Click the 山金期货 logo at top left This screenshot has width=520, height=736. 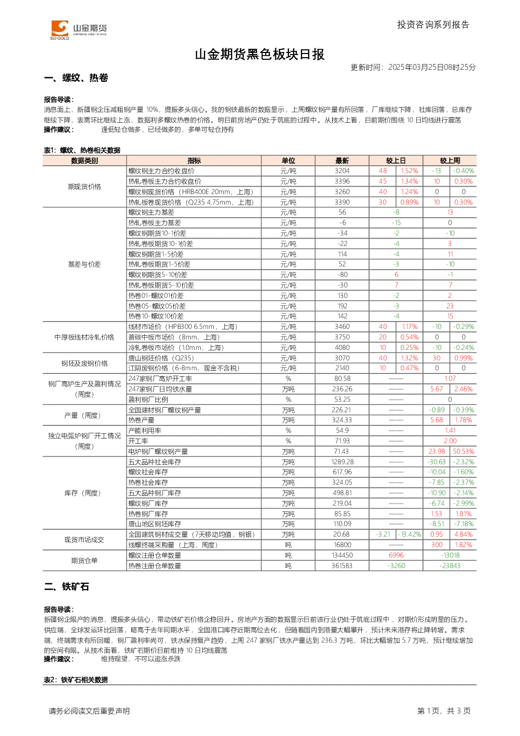pyautogui.click(x=79, y=30)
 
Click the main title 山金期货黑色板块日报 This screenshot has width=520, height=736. pyautogui.click(x=259, y=55)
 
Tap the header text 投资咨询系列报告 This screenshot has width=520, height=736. pyautogui.click(x=434, y=25)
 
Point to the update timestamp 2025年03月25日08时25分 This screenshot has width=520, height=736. pyautogui.click(x=432, y=67)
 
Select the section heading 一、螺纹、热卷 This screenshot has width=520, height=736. pyautogui.click(x=76, y=78)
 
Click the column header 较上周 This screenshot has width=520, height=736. pyautogui.click(x=450, y=161)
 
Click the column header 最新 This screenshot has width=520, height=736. pyautogui.click(x=342, y=161)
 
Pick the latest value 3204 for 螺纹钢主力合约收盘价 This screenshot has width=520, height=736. pyautogui.click(x=342, y=171)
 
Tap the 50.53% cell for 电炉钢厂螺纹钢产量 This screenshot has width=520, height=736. pyautogui.click(x=463, y=452)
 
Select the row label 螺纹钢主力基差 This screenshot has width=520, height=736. pyautogui.click(x=151, y=212)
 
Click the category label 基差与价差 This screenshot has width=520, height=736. pyautogui.click(x=84, y=264)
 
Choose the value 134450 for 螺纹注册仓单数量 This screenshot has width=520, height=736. pyautogui.click(x=342, y=556)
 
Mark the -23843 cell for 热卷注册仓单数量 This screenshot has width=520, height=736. pyautogui.click(x=450, y=566)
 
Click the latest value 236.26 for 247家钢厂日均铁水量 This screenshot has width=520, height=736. pyautogui.click(x=342, y=389)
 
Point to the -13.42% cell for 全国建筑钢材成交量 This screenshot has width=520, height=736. pyautogui.click(x=409, y=535)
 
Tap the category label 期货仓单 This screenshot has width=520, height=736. pyautogui.click(x=84, y=561)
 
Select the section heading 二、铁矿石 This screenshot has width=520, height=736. pyautogui.click(x=67, y=586)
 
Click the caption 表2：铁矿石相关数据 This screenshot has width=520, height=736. pyautogui.click(x=76, y=680)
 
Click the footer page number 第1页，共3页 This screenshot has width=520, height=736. pyautogui.click(x=444, y=711)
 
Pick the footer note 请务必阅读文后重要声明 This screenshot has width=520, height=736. pyautogui.click(x=89, y=711)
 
